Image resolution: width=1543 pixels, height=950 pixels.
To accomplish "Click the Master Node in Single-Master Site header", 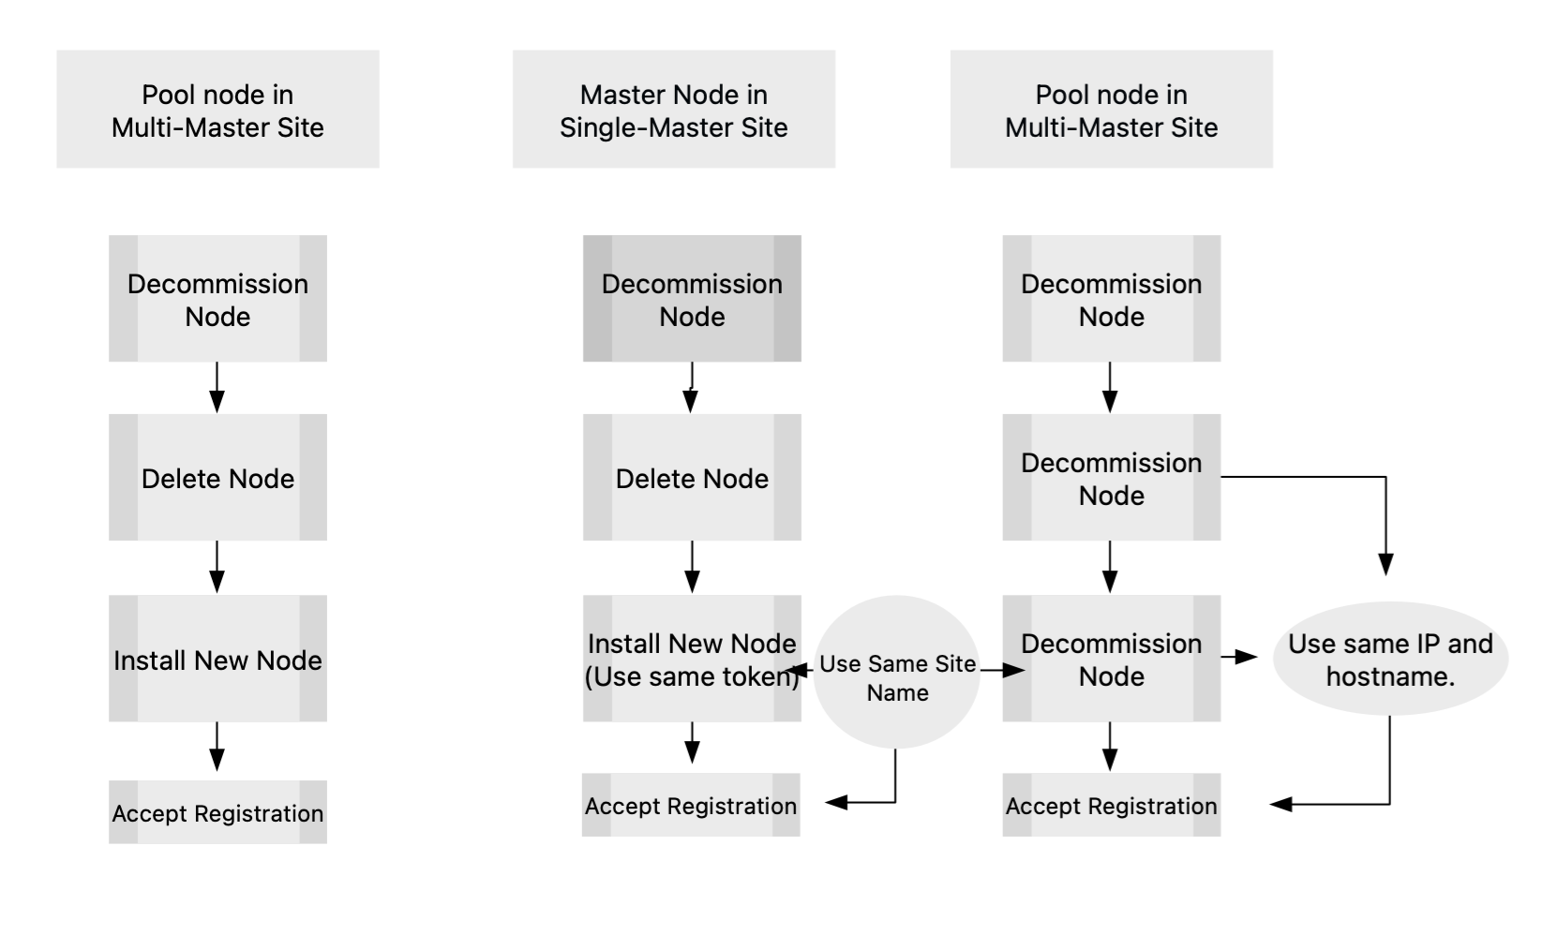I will pyautogui.click(x=673, y=110).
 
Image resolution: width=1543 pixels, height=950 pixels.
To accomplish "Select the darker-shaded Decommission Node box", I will pyautogui.click(x=692, y=299).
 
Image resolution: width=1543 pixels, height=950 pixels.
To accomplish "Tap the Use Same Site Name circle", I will pyautogui.click(x=896, y=671).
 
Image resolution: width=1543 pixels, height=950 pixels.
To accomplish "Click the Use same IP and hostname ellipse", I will pyautogui.click(x=1389, y=659).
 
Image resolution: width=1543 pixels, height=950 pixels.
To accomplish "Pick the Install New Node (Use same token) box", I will pyautogui.click(x=692, y=659).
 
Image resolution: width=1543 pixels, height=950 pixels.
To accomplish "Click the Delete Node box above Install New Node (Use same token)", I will pyautogui.click(x=692, y=478).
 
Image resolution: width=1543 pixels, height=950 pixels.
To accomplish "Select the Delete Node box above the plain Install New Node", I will pyautogui.click(x=217, y=478).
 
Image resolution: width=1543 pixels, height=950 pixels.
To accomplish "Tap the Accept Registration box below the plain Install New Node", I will pyautogui.click(x=217, y=812).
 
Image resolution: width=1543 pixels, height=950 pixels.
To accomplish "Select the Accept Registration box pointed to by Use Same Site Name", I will pyautogui.click(x=691, y=805).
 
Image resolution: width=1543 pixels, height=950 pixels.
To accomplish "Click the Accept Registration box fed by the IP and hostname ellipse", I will pyautogui.click(x=1111, y=805).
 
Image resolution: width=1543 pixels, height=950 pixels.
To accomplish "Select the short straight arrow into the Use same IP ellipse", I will pyautogui.click(x=1239, y=658).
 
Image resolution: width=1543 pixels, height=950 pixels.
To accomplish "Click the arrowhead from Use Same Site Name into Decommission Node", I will pyautogui.click(x=1015, y=670).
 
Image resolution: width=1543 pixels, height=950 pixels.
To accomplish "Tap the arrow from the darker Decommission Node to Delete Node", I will pyautogui.click(x=691, y=387).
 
